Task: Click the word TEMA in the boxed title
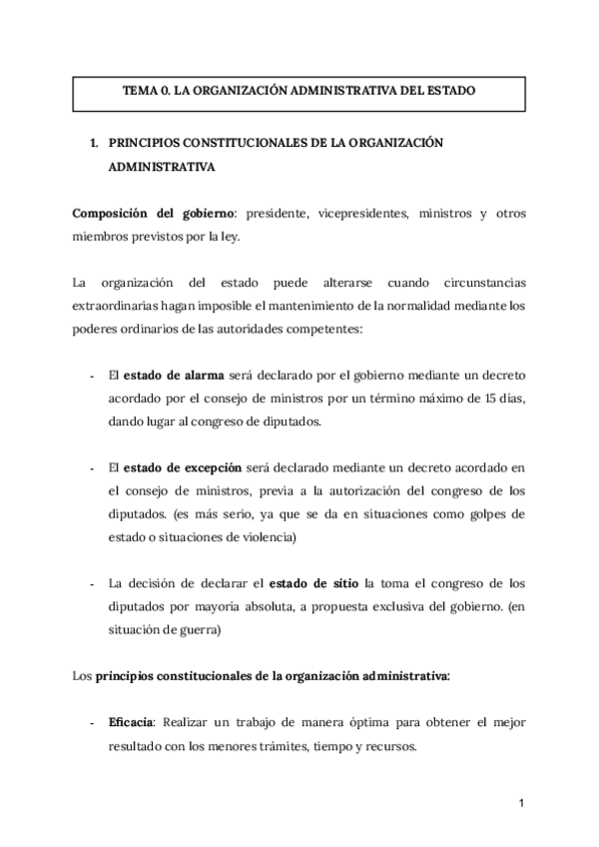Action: (x=140, y=90)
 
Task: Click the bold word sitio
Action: (x=347, y=582)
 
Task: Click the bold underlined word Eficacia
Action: (x=131, y=721)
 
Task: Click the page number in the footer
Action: (x=521, y=802)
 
